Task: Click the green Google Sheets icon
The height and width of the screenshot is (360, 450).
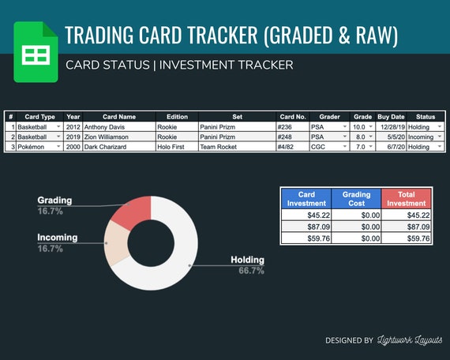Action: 36,52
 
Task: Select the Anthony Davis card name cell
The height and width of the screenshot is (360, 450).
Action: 119,127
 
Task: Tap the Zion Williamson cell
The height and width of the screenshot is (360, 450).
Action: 119,137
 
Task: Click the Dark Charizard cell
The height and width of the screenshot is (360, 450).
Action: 119,147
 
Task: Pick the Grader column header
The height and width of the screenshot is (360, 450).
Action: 329,117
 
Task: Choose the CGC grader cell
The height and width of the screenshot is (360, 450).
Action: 329,147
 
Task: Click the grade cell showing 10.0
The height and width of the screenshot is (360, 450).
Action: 362,127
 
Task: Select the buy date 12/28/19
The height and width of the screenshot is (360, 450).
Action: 392,127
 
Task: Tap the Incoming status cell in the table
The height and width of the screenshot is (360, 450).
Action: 426,137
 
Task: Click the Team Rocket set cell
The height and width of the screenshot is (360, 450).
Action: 237,147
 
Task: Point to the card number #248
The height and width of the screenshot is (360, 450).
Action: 292,137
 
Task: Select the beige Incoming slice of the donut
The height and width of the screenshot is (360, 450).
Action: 116,243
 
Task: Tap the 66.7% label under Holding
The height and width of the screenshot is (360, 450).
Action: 251,271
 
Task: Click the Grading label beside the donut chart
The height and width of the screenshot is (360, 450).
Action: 54,201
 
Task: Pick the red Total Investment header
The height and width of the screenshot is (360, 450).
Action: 406,199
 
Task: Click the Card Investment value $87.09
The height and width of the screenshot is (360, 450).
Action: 306,227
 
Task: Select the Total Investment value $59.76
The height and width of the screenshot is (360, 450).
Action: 406,238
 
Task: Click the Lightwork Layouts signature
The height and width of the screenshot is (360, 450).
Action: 410,340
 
